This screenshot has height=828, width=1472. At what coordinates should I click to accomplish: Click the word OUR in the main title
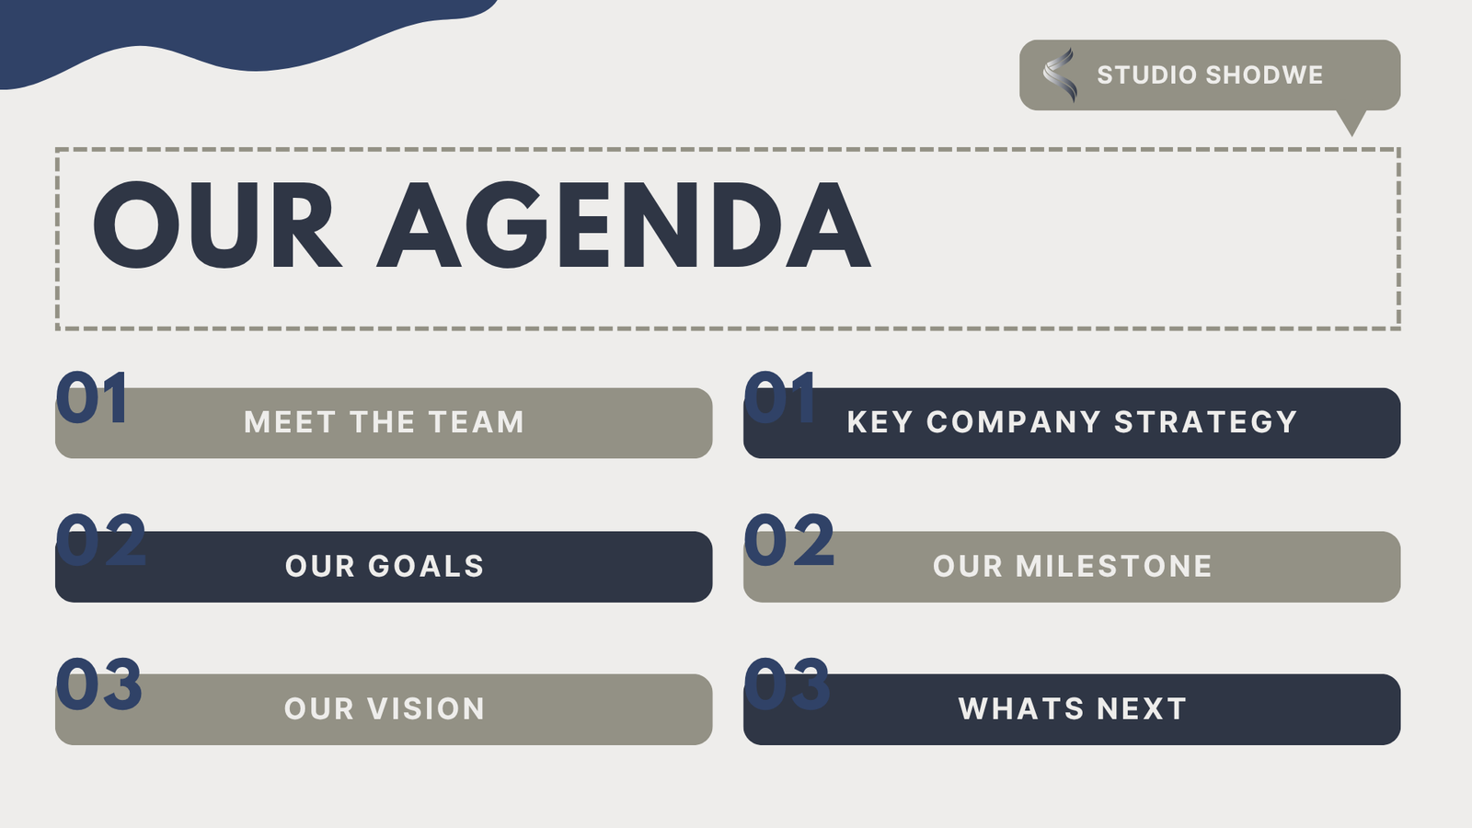click(217, 224)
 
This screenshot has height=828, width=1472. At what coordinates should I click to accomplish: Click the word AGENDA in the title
click(624, 224)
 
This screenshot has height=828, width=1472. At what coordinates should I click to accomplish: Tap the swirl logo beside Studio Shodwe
click(1060, 75)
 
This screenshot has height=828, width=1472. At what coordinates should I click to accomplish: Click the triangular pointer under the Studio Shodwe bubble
click(1351, 123)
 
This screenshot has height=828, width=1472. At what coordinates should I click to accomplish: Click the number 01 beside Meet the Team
click(92, 397)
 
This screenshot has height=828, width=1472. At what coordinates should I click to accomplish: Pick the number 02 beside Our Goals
click(100, 540)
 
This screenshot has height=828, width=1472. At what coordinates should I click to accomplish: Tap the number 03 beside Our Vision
click(99, 684)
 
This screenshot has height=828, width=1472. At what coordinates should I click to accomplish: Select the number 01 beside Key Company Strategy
click(780, 397)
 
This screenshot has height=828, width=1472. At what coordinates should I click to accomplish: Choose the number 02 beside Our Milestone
click(788, 540)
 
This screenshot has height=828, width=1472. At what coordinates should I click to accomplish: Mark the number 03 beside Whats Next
click(787, 684)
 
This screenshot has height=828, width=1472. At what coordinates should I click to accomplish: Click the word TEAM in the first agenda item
click(477, 422)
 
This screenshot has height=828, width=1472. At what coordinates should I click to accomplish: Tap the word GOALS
click(426, 566)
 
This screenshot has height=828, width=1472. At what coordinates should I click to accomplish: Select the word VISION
click(426, 708)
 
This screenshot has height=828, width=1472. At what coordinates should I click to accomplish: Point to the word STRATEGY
click(1206, 422)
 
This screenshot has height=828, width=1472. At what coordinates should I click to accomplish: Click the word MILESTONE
click(1114, 566)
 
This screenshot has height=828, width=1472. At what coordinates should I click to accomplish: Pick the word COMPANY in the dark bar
click(1013, 422)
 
